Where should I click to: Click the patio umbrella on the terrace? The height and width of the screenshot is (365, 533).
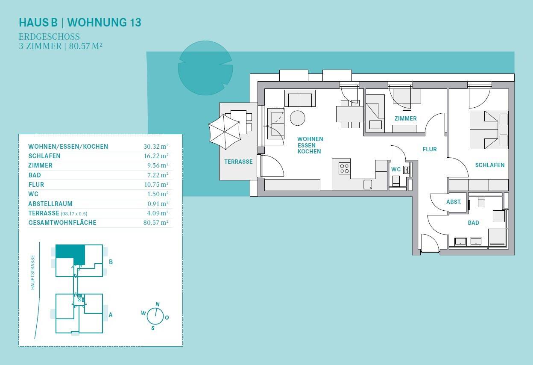coord(224,132)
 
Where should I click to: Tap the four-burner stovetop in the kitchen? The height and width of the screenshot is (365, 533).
coord(344,168)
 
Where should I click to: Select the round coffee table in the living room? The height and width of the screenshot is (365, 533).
coord(297,118)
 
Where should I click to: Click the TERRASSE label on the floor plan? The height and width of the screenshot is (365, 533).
coord(238,162)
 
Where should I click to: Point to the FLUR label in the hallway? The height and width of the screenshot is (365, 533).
coord(430,149)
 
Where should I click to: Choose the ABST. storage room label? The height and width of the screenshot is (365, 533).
coord(454,202)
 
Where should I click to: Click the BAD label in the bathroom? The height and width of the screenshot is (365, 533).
coord(474,223)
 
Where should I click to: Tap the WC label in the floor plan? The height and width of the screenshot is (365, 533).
coord(396,169)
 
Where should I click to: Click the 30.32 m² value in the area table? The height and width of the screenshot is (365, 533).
coord(156,146)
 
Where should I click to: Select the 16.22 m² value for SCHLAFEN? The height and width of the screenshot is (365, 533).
coord(156,156)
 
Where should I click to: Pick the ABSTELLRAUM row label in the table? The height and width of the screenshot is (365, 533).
coord(50,204)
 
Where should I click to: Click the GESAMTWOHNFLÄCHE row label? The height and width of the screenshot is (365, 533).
coord(62,223)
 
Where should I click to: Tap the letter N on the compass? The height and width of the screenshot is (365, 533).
coord(158,304)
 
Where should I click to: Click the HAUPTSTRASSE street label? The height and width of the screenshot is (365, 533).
coord(32,272)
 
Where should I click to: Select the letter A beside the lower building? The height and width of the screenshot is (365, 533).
coord(111,315)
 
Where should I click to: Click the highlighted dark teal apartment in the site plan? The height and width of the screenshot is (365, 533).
coord(70,253)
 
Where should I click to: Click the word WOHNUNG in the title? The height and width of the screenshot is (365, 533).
coord(97,22)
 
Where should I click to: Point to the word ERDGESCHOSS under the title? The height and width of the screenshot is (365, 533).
coord(49,37)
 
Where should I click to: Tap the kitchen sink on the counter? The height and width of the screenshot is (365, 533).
coord(368,185)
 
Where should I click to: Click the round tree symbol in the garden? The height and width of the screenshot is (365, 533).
coord(205,68)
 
